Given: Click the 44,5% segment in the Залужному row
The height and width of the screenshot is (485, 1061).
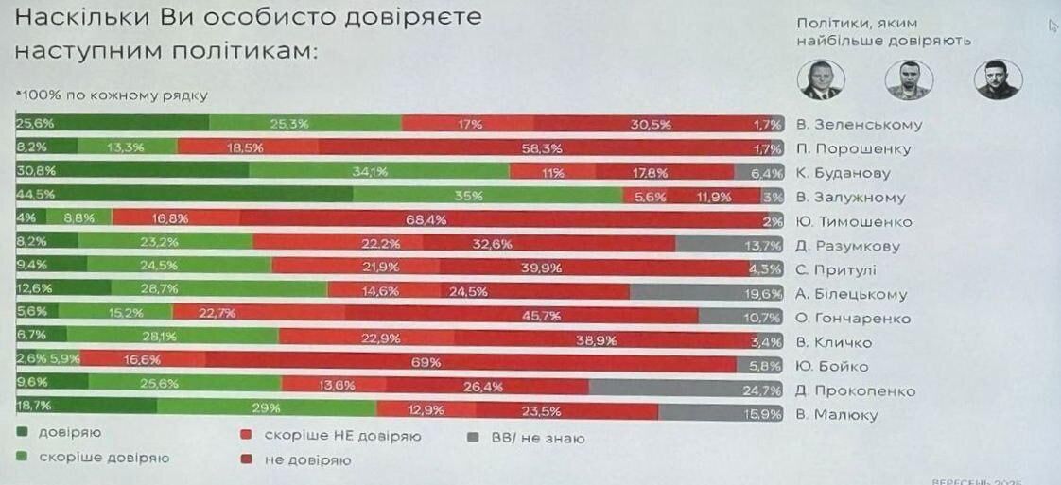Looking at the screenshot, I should (x=184, y=197).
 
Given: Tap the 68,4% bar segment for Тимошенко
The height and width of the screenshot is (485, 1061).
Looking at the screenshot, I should (x=511, y=221).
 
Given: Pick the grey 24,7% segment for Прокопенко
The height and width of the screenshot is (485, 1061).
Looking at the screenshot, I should (x=687, y=390).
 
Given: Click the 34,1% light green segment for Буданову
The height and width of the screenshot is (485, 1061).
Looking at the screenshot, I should (x=378, y=172).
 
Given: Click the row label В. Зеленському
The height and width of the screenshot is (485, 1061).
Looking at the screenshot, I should (x=858, y=125).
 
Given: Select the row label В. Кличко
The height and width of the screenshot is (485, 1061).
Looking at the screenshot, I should (x=833, y=342).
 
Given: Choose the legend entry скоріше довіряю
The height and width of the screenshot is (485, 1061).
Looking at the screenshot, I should (x=104, y=458).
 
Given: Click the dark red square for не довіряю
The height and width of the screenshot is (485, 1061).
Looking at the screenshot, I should (x=244, y=460).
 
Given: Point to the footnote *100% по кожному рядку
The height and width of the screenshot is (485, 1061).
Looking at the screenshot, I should (x=111, y=95).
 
